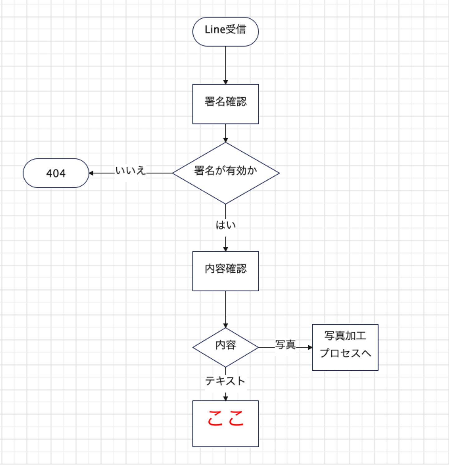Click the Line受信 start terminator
click(x=225, y=32)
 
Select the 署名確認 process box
click(x=225, y=104)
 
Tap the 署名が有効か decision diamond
click(x=226, y=173)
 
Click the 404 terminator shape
click(x=56, y=173)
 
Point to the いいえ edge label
click(x=130, y=171)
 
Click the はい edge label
click(x=225, y=225)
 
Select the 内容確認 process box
click(x=225, y=271)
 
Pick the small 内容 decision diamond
click(x=225, y=347)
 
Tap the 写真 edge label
click(x=285, y=345)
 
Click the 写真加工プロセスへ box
click(x=345, y=347)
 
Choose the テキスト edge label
click(x=225, y=381)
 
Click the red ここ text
click(x=225, y=418)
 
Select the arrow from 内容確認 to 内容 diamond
click(x=225, y=309)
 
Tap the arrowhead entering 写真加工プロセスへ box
click(x=310, y=347)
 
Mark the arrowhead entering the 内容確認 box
click(x=225, y=249)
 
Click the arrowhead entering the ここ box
click(x=225, y=398)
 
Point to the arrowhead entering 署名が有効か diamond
click(x=225, y=140)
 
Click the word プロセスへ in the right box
click(x=345, y=353)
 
